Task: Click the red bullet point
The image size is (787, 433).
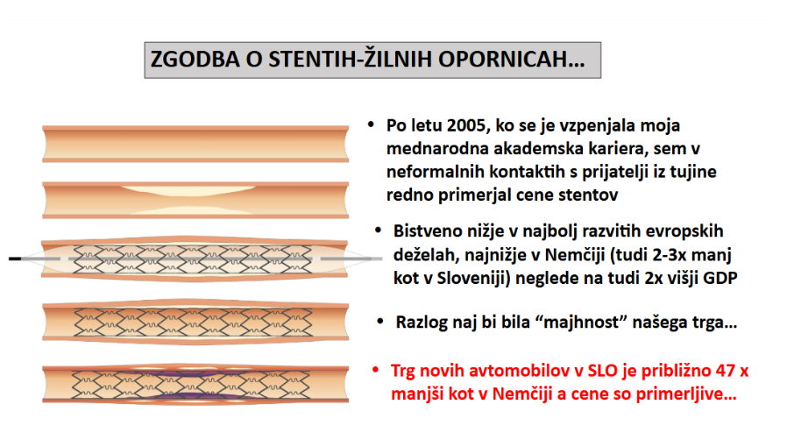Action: [x=375, y=370]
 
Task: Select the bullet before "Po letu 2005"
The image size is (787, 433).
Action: [x=371, y=124]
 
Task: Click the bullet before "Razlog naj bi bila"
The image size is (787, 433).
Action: [x=380, y=321]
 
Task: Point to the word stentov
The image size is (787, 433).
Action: [x=586, y=195]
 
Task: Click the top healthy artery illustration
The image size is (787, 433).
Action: [x=195, y=144]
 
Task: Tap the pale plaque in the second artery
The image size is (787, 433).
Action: [x=188, y=190]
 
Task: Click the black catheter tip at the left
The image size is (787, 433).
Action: [x=15, y=259]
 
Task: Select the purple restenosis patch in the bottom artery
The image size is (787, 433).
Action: [x=192, y=374]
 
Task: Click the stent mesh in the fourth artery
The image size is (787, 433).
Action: [x=193, y=322]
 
